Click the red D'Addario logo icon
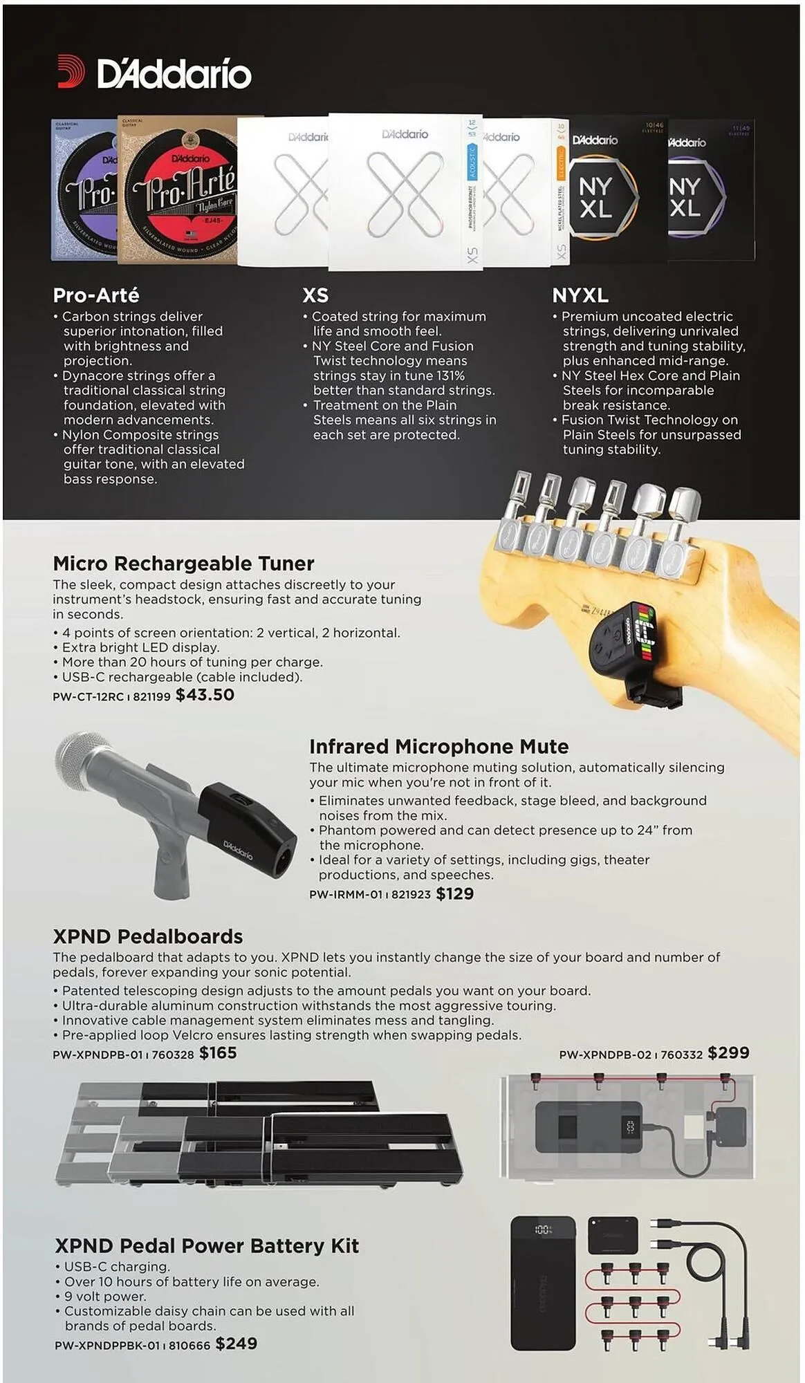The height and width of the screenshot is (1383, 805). (71, 72)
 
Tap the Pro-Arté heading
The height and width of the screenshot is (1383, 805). (96, 295)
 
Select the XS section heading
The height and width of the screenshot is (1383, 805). (315, 295)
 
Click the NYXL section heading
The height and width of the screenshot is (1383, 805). (580, 295)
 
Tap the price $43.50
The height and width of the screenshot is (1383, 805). (205, 695)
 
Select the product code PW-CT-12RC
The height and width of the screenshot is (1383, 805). (88, 696)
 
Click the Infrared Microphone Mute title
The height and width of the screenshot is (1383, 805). (438, 747)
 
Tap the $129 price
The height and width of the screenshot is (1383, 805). (454, 893)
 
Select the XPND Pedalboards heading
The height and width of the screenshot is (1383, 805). (148, 936)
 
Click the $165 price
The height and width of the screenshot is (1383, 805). (218, 1053)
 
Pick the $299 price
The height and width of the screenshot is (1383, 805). (728, 1053)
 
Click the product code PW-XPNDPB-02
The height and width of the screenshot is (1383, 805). (605, 1055)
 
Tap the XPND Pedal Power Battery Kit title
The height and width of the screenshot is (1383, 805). (207, 1246)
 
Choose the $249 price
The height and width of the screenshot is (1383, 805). (236, 1344)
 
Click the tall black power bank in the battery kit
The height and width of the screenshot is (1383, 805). (543, 1283)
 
